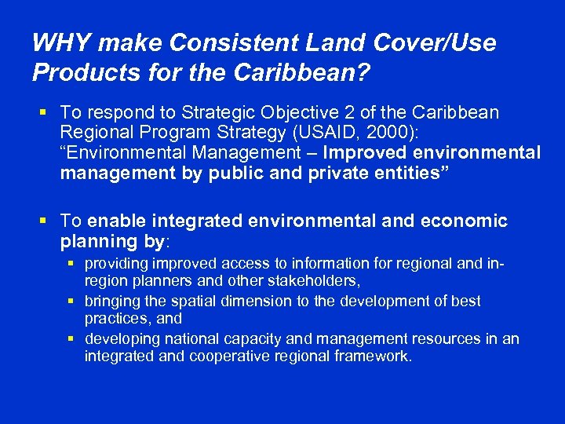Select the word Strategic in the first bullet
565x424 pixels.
point(219,113)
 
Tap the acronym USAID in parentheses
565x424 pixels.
point(370,133)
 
